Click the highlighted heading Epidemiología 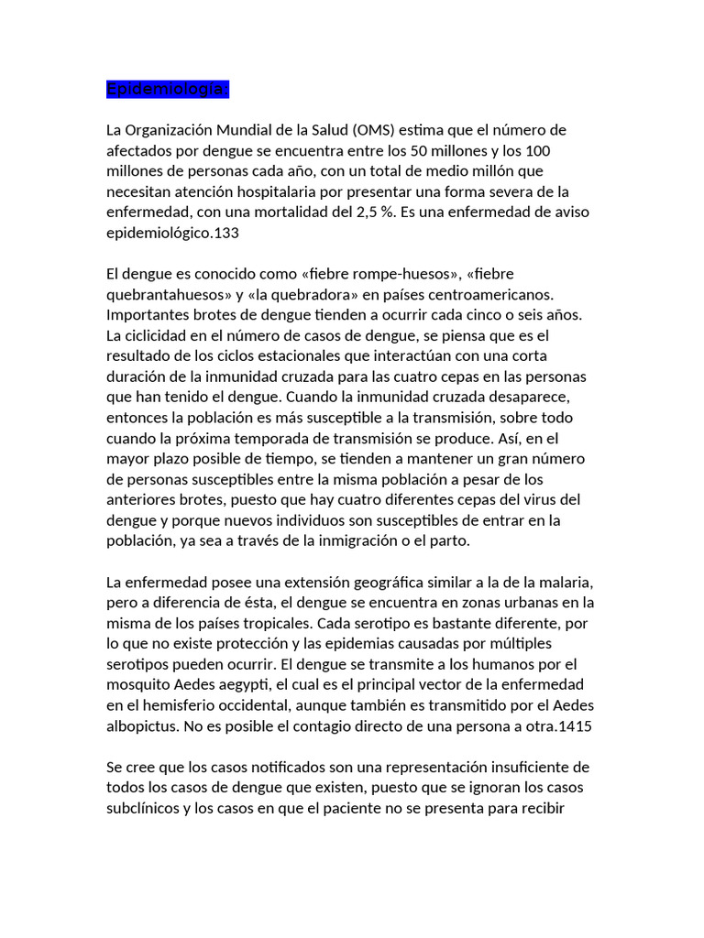(x=167, y=89)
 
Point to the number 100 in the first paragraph (x=537, y=150)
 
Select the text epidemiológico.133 (x=172, y=233)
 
